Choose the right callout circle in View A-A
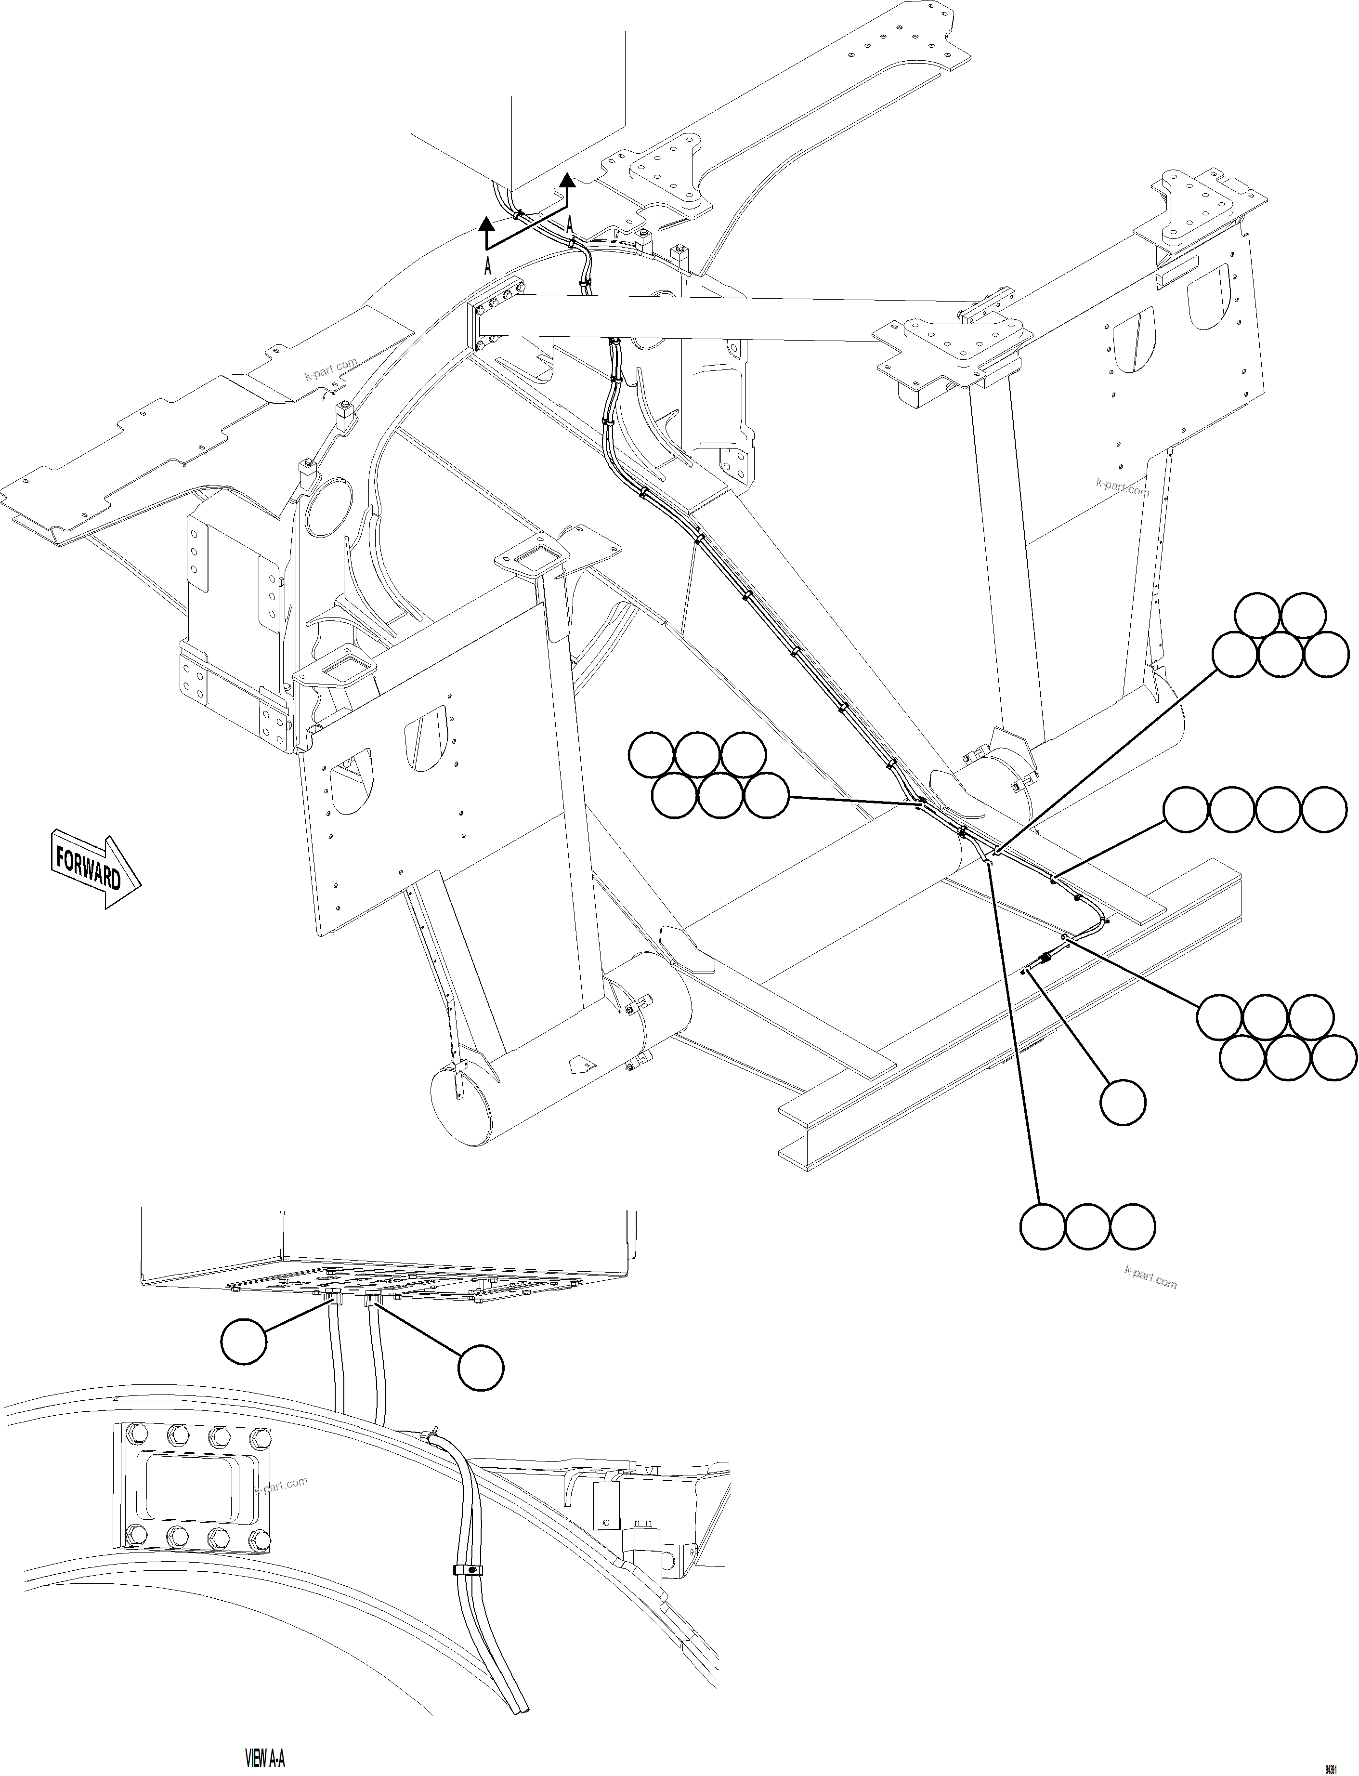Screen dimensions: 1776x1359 point(481,1368)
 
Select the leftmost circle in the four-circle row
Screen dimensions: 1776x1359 point(1186,809)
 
